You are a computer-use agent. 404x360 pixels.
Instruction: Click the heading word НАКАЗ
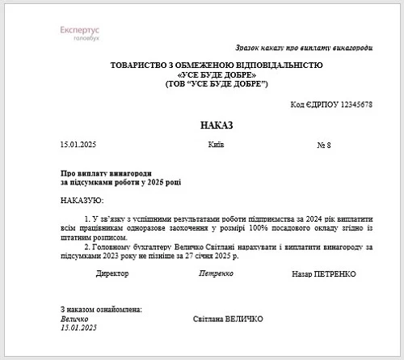point(216,125)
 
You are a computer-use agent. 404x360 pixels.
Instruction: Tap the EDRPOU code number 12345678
point(351,105)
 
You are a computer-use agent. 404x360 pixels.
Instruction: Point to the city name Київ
point(216,144)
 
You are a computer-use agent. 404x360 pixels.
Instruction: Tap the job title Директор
point(112,274)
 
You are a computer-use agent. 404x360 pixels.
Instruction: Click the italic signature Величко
point(75,319)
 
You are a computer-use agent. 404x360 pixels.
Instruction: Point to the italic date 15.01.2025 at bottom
point(78,328)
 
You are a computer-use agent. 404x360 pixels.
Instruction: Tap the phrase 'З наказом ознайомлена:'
point(101,310)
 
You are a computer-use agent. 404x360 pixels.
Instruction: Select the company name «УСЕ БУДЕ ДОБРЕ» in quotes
point(216,74)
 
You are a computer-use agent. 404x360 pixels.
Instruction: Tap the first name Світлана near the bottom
point(208,320)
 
